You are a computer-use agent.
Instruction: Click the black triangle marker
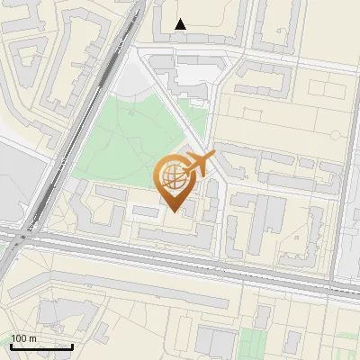(x=181, y=24)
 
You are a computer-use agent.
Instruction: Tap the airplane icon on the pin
(x=200, y=166)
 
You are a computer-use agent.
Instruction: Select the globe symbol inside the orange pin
(x=175, y=177)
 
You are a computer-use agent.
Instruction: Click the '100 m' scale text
(x=23, y=338)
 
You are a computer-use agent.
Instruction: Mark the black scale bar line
(x=41, y=346)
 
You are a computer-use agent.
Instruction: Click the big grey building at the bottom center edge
(x=216, y=346)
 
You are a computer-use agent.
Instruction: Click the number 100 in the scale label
(x=19, y=338)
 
